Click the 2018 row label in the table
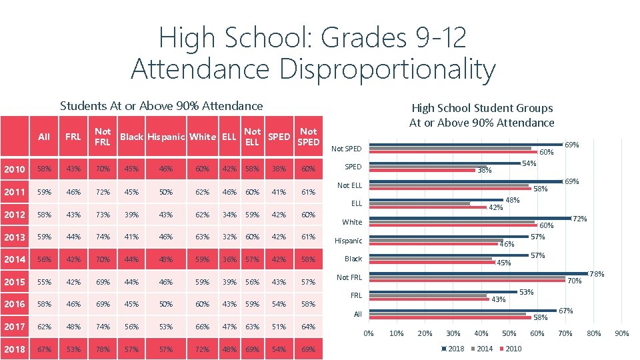14,349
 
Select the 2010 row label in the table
14,169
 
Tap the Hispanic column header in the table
166,137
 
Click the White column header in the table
202,137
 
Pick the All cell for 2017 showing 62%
44,327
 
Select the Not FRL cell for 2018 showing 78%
103,349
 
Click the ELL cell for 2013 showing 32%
229,237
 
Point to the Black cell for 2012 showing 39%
131,214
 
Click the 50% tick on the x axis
509,333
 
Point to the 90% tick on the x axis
621,333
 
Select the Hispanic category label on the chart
348,241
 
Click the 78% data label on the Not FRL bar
597,274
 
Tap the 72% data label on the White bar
579,219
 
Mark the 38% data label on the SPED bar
484,171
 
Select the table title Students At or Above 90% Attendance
161,105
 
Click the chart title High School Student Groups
482,107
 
